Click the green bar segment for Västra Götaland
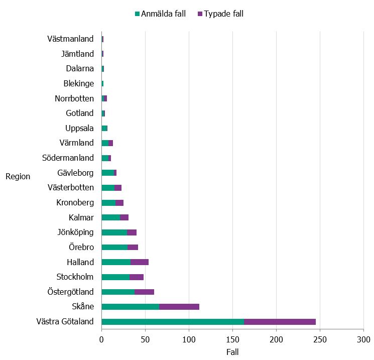click(173, 322)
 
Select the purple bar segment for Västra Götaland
click(280, 322)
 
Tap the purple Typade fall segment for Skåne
click(179, 307)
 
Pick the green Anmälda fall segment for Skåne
click(130, 307)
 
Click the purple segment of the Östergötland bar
click(144, 292)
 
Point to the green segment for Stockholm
click(115, 277)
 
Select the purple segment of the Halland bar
click(140, 262)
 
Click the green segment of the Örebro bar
click(114, 247)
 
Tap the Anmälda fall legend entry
click(160, 14)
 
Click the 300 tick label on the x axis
click(363, 339)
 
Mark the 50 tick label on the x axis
click(145, 339)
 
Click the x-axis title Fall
click(232, 352)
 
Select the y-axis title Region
click(18, 176)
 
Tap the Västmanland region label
click(70, 39)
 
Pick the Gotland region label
click(80, 113)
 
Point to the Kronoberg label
click(75, 203)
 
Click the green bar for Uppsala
click(104, 128)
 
